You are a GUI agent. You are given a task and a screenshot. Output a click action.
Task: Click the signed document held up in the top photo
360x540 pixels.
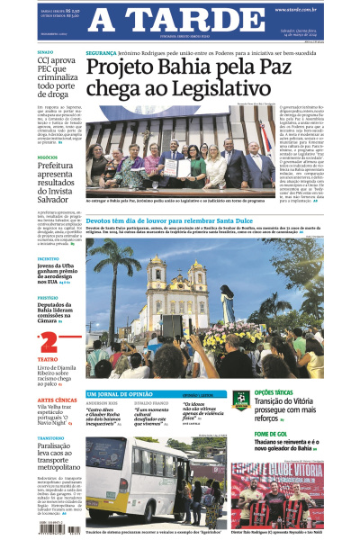click(x=182, y=168)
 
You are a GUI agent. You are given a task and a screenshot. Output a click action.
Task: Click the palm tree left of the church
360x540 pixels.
click(x=115, y=270)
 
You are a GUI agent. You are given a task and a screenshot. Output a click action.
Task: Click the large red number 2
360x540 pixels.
click(x=47, y=342)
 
